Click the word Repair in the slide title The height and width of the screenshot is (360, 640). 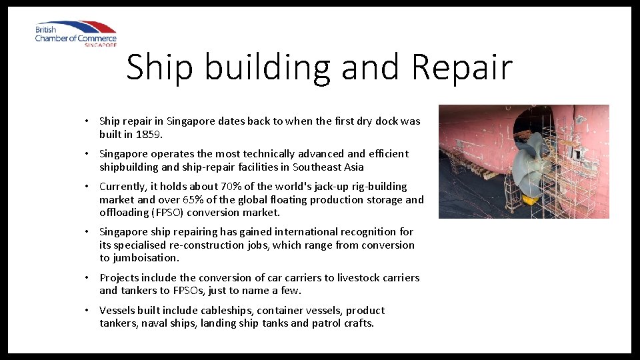coord(463,67)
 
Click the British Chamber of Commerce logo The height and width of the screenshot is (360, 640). coord(76,33)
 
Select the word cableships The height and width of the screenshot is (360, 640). coord(225,310)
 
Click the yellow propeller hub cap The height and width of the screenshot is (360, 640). coord(529,199)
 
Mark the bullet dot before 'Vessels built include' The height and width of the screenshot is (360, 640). coord(87,311)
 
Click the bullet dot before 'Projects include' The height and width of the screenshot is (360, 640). coord(87,278)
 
